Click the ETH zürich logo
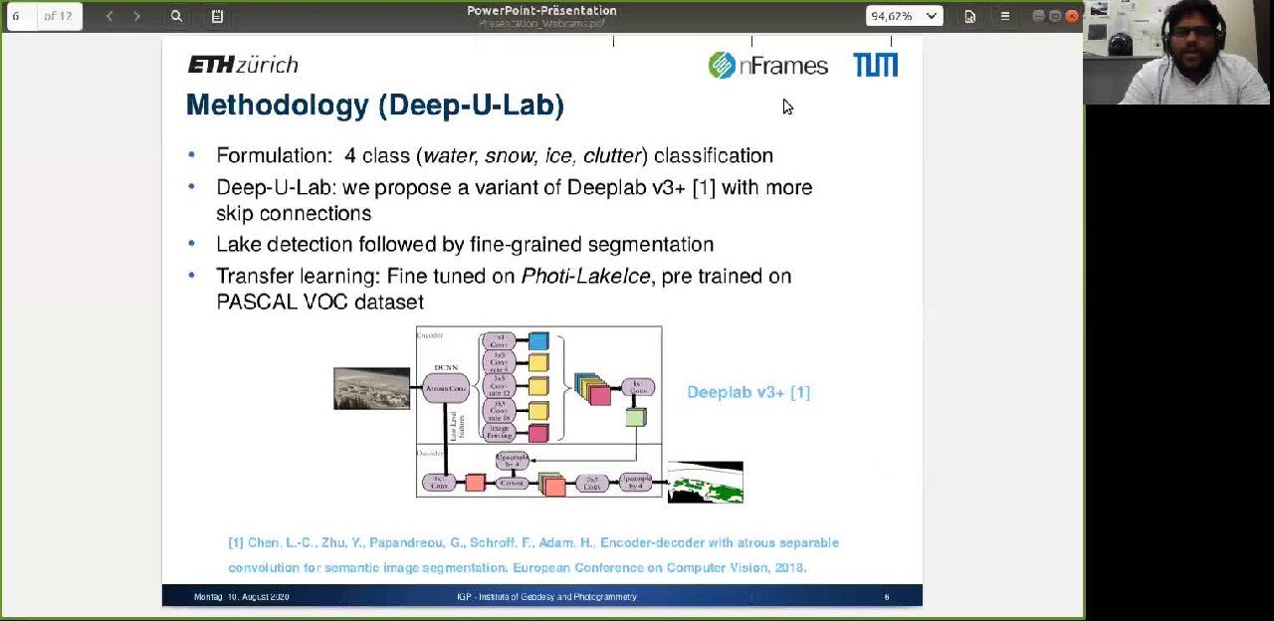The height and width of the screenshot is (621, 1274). tap(243, 66)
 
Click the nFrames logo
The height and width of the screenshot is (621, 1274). tap(767, 66)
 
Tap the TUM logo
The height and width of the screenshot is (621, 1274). tap(876, 66)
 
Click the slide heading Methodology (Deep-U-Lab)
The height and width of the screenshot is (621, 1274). tap(374, 105)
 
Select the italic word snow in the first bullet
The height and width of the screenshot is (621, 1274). tap(509, 156)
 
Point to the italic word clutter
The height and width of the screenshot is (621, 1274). tap(611, 156)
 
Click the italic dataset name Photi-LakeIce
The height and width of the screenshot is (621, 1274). tap(585, 277)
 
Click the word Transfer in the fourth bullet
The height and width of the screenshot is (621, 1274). tap(249, 277)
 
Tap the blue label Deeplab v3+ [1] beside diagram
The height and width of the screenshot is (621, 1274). tap(748, 392)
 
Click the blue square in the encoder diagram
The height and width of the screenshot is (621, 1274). tap(538, 342)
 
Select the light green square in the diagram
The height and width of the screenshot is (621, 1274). tap(635, 418)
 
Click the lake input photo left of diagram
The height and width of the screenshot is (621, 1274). tap(371, 388)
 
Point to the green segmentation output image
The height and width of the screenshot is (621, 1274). tap(705, 483)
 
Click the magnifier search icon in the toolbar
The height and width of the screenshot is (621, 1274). tap(176, 16)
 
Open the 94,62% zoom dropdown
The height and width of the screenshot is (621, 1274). tap(904, 16)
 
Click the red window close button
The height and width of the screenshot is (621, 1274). tap(1072, 16)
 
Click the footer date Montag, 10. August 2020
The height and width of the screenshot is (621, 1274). tap(242, 597)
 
